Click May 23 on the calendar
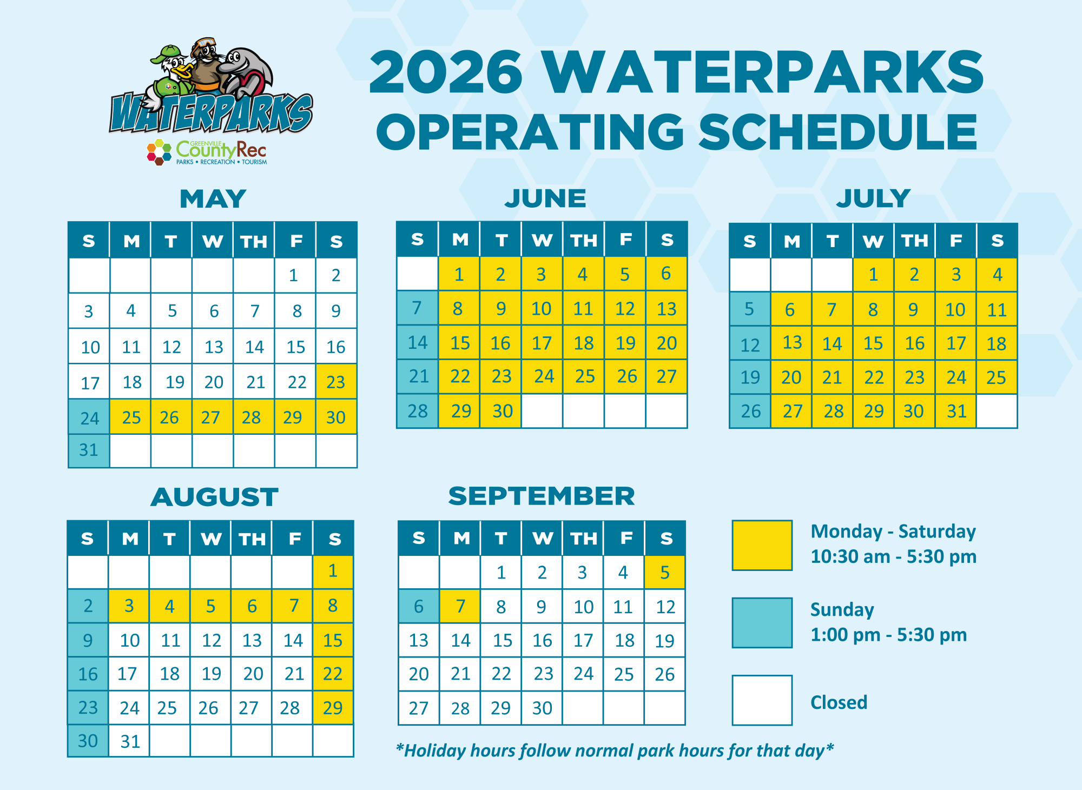tap(336, 382)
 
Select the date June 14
tap(418, 342)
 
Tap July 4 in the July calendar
tap(997, 275)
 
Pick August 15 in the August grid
tap(333, 640)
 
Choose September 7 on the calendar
tap(460, 606)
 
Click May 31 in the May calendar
tap(89, 450)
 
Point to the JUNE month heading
tap(545, 198)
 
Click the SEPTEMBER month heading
tap(542, 496)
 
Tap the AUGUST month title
tap(215, 497)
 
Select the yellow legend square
tap(762, 545)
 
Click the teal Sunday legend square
tap(762, 622)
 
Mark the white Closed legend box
tap(762, 700)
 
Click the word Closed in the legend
tap(839, 702)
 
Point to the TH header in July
tap(915, 241)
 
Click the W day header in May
tap(213, 241)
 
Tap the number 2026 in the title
tap(446, 72)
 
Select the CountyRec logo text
tap(221, 149)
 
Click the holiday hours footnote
tap(615, 751)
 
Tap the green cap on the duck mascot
tap(166, 54)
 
